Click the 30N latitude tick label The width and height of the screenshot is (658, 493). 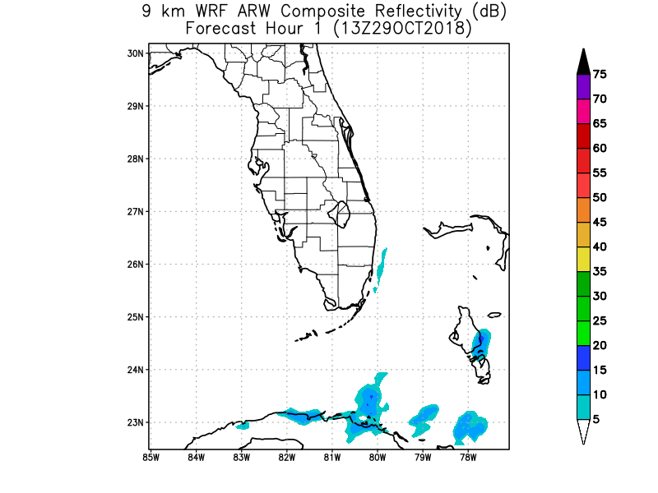pos(135,53)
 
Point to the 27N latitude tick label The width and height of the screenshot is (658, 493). pos(135,211)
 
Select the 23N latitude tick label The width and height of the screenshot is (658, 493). pos(135,422)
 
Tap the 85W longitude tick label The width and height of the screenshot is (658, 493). pos(151,457)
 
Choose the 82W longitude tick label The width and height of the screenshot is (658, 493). pos(287,457)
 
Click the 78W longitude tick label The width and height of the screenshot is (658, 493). pos(469,457)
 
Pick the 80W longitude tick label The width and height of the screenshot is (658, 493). pos(378,457)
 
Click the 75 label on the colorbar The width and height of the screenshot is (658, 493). pos(600,75)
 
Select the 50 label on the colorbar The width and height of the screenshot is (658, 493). pos(600,197)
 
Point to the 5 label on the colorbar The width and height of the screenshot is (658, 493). pos(596,419)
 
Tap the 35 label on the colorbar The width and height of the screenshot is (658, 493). pos(600,271)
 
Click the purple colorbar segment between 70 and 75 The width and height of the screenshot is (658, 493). pos(582,86)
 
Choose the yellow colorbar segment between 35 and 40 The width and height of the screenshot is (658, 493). pos(582,259)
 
